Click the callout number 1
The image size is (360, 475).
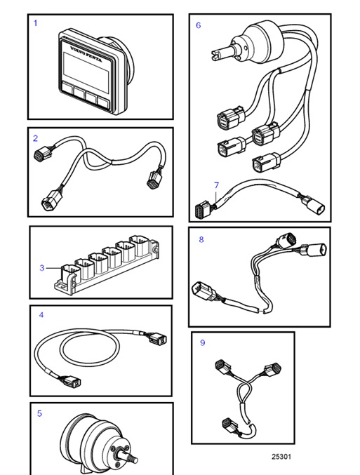pos(36,23)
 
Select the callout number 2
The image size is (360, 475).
pos(36,138)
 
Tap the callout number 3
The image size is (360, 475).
pos(42,268)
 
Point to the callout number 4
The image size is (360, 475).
pos(41,315)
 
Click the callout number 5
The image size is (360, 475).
pos(39,414)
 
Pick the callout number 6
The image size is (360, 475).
pos(198,25)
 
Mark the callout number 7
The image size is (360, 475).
pos(217,186)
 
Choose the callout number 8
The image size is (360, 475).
pos(201,239)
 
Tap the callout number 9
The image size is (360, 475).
pos(203,342)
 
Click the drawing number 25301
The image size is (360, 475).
pos(281,456)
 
